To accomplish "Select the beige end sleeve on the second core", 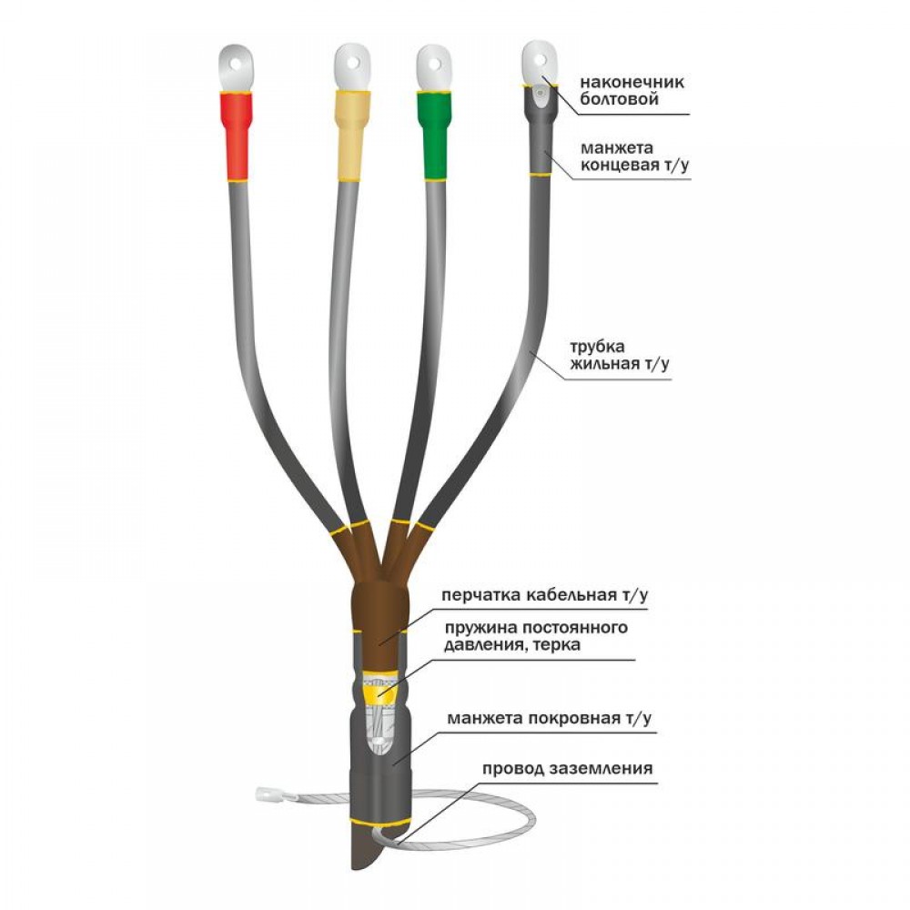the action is (x=352, y=136).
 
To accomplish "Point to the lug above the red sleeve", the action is (x=236, y=68).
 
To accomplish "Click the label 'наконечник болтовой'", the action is (x=632, y=90).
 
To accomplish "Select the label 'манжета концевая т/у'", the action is (x=635, y=157).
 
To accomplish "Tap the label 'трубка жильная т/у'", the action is (x=619, y=355).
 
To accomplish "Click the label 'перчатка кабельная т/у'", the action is (x=545, y=595).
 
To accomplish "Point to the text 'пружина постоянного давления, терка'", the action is (x=536, y=636).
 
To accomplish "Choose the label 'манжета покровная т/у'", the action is (x=549, y=718).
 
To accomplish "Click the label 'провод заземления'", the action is (x=567, y=768).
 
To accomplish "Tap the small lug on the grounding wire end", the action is (x=268, y=794).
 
